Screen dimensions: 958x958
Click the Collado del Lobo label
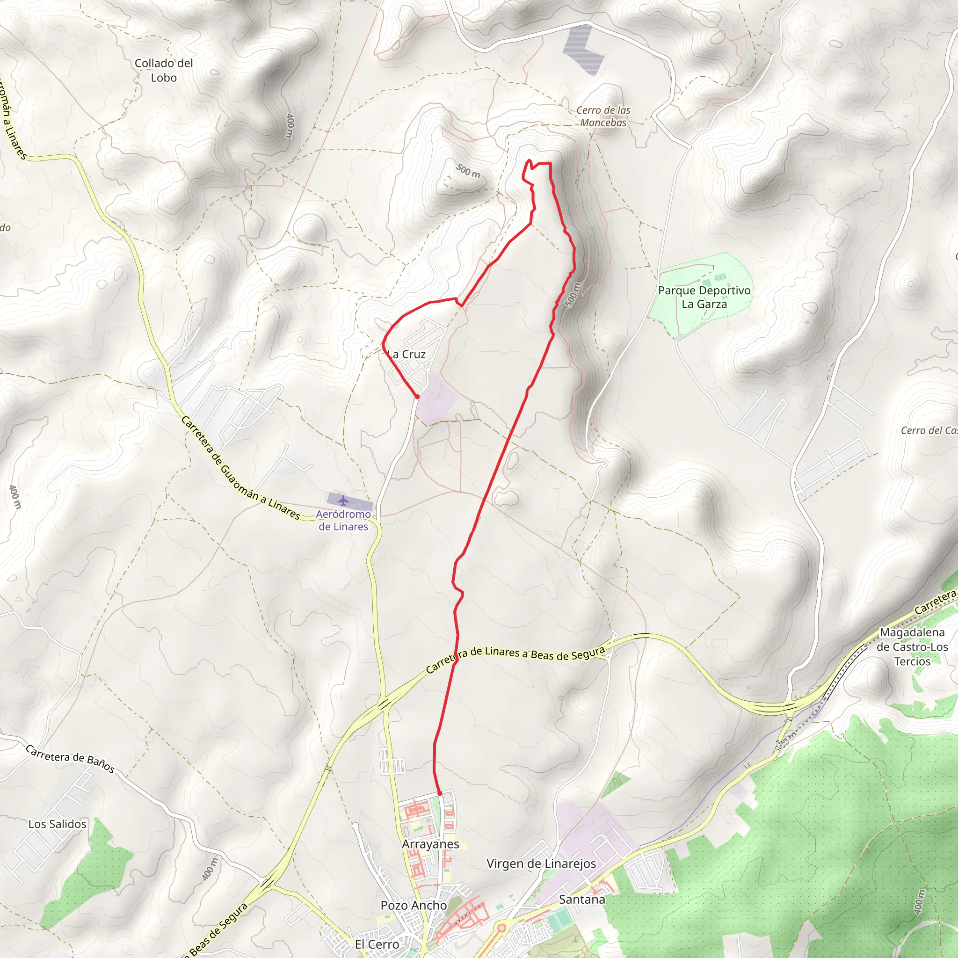164,71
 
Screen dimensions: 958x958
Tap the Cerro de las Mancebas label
603,116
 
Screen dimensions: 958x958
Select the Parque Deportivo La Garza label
704,297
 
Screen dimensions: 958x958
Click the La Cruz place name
406,354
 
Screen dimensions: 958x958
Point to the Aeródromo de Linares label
343,520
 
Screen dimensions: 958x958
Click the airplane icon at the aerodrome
343,501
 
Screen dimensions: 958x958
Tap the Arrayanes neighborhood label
430,844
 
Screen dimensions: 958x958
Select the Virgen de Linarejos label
541,864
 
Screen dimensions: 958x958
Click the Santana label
581,899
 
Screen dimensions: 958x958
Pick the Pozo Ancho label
414,905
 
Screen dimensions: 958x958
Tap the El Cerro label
377,944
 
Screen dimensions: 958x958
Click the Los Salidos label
57,824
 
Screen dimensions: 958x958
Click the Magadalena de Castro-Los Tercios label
912,646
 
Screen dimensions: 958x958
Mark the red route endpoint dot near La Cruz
418,397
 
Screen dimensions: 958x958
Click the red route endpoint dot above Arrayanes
439,793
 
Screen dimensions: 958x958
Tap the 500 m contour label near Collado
468,171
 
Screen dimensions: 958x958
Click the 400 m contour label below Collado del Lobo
290,126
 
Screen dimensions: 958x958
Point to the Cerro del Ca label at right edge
928,430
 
